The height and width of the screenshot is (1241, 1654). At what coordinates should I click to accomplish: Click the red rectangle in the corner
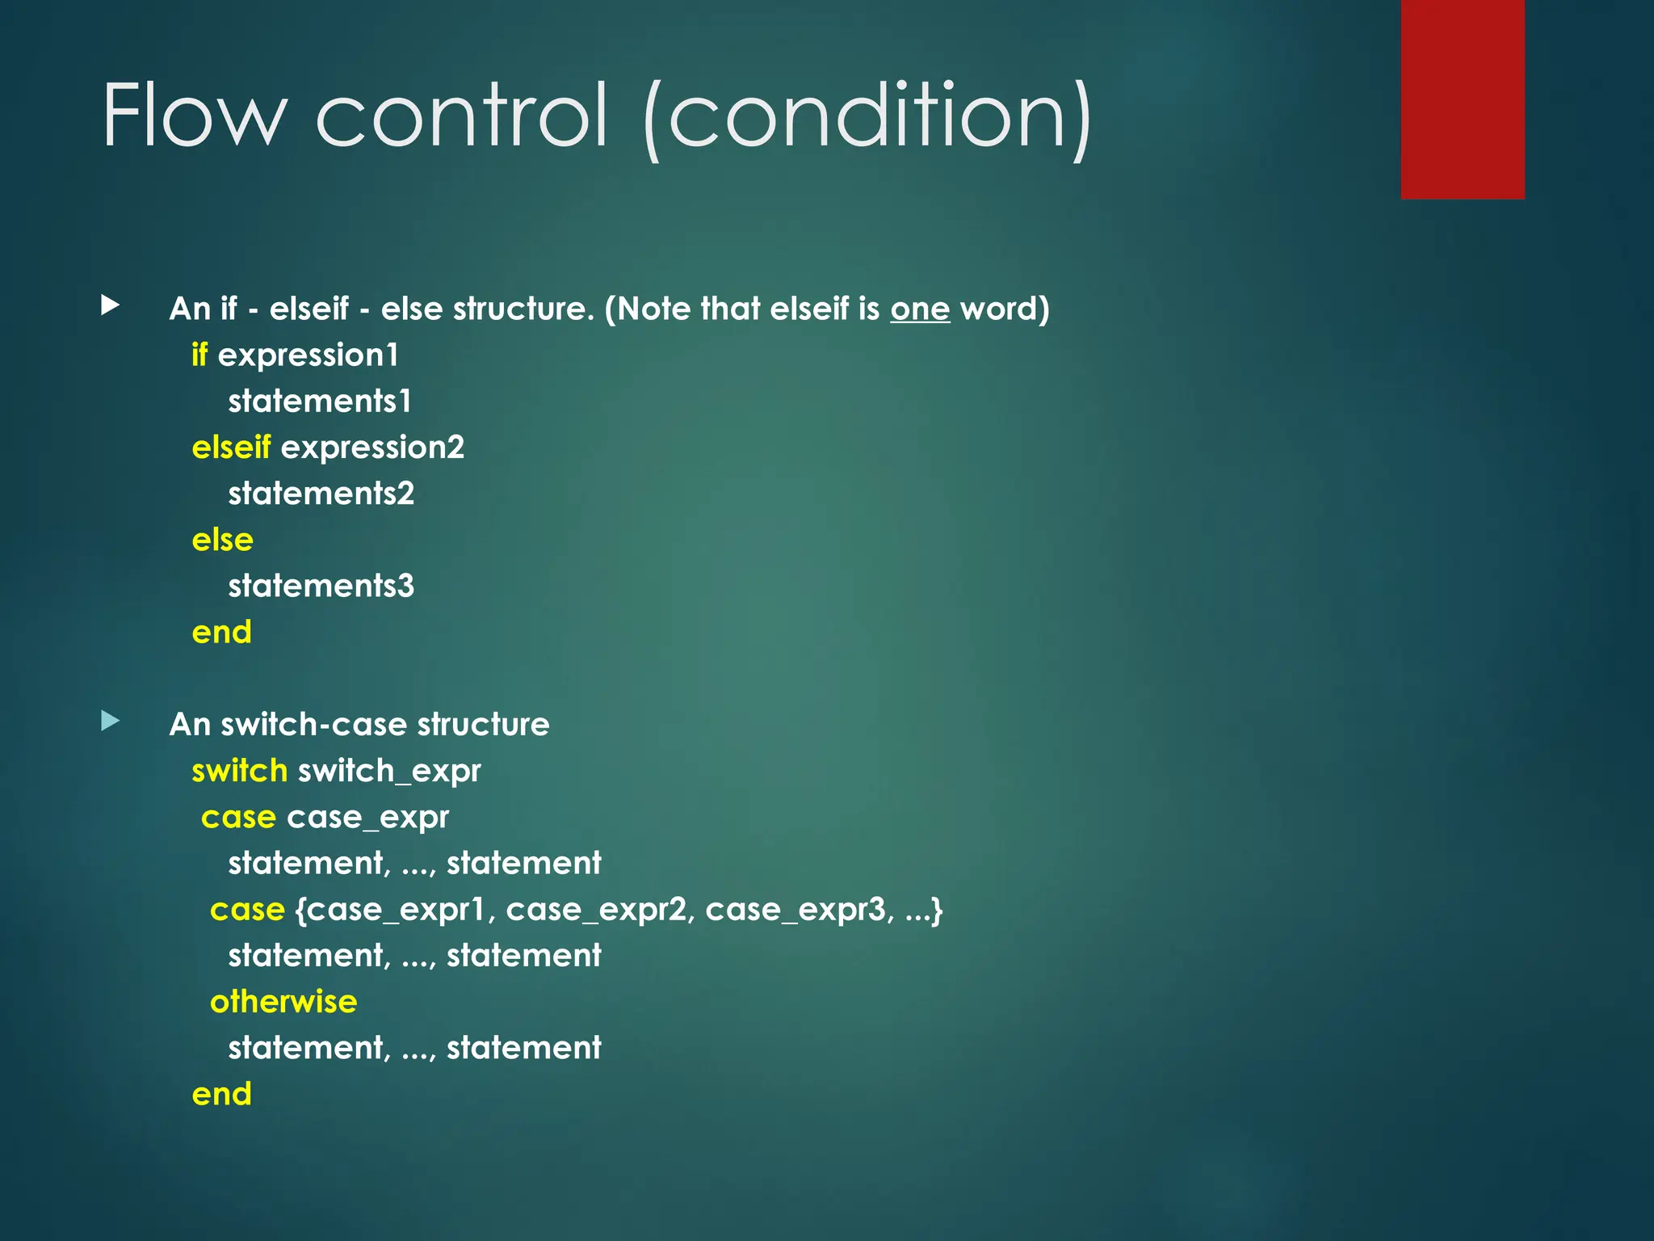pyautogui.click(x=1462, y=99)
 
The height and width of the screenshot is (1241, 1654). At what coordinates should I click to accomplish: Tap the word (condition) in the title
pyautogui.click(x=868, y=119)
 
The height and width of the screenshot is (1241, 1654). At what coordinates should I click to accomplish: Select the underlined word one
pyautogui.click(x=920, y=309)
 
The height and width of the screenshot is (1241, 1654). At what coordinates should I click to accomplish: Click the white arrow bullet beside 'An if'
pyautogui.click(x=111, y=305)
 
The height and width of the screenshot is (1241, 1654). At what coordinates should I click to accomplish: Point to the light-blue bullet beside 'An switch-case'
pyautogui.click(x=111, y=720)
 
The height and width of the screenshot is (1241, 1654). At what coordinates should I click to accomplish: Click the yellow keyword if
pyautogui.click(x=199, y=355)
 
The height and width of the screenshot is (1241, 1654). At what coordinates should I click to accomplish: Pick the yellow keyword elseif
pyautogui.click(x=231, y=447)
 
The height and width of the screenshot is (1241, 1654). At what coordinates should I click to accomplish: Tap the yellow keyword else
pyautogui.click(x=222, y=540)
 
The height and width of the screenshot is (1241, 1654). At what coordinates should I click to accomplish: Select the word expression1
pyautogui.click(x=309, y=355)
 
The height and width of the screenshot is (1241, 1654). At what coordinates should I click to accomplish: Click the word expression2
pyautogui.click(x=372, y=448)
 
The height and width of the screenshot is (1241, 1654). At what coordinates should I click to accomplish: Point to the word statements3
pyautogui.click(x=321, y=586)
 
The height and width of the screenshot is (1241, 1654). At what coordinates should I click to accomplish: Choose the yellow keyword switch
pyautogui.click(x=239, y=771)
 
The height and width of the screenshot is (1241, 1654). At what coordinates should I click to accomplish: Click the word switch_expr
pyautogui.click(x=389, y=772)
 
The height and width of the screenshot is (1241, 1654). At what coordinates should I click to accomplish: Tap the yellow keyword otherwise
pyautogui.click(x=283, y=1002)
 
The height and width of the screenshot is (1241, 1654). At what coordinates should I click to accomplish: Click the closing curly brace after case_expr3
pyautogui.click(x=936, y=911)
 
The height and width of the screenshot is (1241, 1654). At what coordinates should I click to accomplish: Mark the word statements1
pyautogui.click(x=320, y=402)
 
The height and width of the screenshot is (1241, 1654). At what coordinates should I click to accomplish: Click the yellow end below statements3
pyautogui.click(x=221, y=632)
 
